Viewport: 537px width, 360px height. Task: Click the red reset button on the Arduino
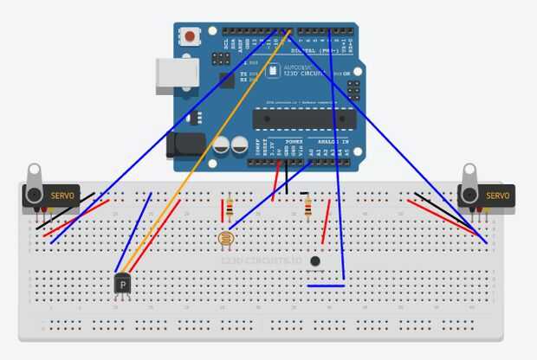click(x=189, y=36)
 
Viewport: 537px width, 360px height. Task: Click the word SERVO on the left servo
click(x=62, y=196)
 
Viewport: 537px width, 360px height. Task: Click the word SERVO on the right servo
click(x=498, y=196)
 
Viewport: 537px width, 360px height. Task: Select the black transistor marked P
click(x=124, y=284)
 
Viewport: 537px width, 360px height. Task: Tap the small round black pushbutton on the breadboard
click(x=315, y=260)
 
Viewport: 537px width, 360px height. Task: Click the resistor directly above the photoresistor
click(x=230, y=209)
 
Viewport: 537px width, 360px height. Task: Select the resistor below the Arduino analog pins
click(x=307, y=207)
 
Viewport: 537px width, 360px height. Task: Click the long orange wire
click(x=208, y=148)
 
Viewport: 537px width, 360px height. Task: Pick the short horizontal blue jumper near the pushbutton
click(x=326, y=285)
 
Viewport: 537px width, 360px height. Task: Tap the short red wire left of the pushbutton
click(x=327, y=223)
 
